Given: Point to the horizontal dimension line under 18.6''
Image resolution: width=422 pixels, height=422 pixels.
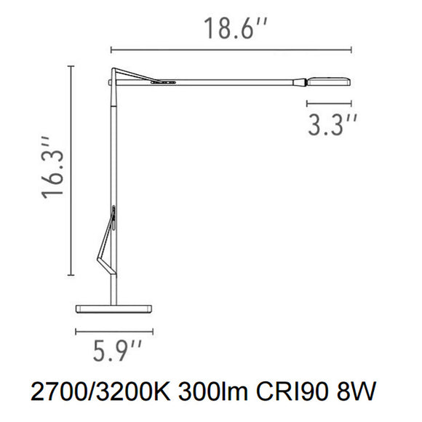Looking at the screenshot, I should (231, 49).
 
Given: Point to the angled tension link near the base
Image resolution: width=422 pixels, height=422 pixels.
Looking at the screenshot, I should (106, 240).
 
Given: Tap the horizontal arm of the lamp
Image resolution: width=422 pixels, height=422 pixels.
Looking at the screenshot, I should (233, 81).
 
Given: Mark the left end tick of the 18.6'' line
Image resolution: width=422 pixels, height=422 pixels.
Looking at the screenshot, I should (111, 49).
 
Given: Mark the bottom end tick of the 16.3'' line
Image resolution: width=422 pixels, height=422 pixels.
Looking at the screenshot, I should (71, 275).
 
